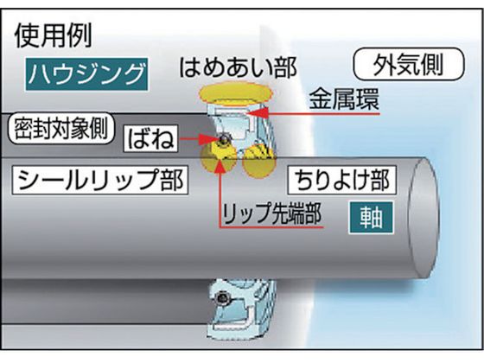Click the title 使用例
[x=54, y=35]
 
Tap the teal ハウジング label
[x=86, y=74]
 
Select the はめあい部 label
[x=238, y=67]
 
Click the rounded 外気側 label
[x=409, y=64]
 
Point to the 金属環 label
[x=344, y=99]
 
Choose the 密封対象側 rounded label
[x=60, y=128]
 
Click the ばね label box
[x=150, y=138]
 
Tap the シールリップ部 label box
[x=100, y=181]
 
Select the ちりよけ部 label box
[x=342, y=181]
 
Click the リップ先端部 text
[x=272, y=213]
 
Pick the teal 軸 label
[x=371, y=218]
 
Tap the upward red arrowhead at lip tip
[x=220, y=166]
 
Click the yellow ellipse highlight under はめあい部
[x=236, y=92]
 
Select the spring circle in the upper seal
[x=222, y=140]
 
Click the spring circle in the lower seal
[x=222, y=298]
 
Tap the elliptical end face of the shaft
[x=423, y=218]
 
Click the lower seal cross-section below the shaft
[x=242, y=309]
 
